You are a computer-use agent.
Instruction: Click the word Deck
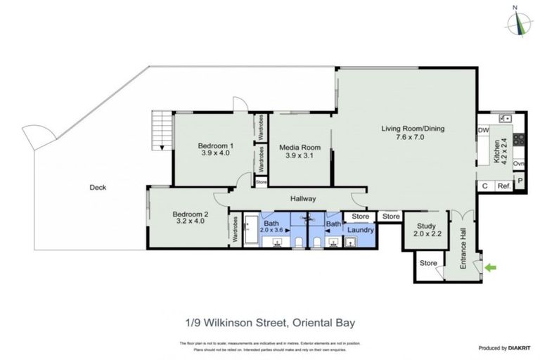(x=97, y=187)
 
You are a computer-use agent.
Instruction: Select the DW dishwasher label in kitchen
(x=483, y=131)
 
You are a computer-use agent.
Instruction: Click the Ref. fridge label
(x=503, y=186)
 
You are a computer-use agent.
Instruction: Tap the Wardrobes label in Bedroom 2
(x=234, y=230)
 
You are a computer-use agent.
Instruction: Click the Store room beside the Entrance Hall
(x=427, y=264)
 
